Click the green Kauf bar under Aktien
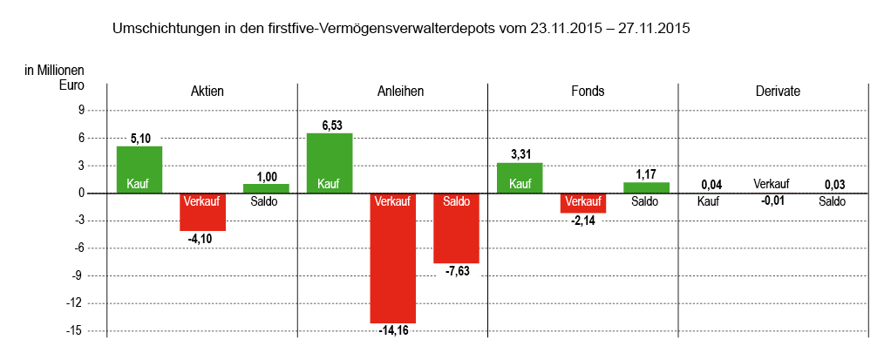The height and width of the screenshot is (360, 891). [x=139, y=169]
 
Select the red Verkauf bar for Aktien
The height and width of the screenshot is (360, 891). [x=203, y=212]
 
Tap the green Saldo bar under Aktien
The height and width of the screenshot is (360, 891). [x=266, y=188]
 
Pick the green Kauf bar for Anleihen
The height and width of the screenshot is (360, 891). [x=330, y=163]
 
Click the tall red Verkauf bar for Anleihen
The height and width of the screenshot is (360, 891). [x=393, y=258]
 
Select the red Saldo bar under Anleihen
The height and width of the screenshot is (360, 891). [x=456, y=228]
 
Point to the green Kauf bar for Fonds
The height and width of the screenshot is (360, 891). [x=520, y=178]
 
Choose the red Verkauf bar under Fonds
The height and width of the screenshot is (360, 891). [x=582, y=203]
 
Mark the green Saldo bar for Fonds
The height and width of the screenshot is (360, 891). [x=646, y=187]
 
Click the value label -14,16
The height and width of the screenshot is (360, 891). [x=393, y=330]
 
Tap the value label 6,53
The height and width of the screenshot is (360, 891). [x=330, y=126]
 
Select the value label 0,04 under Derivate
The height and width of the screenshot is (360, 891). [x=711, y=185]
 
